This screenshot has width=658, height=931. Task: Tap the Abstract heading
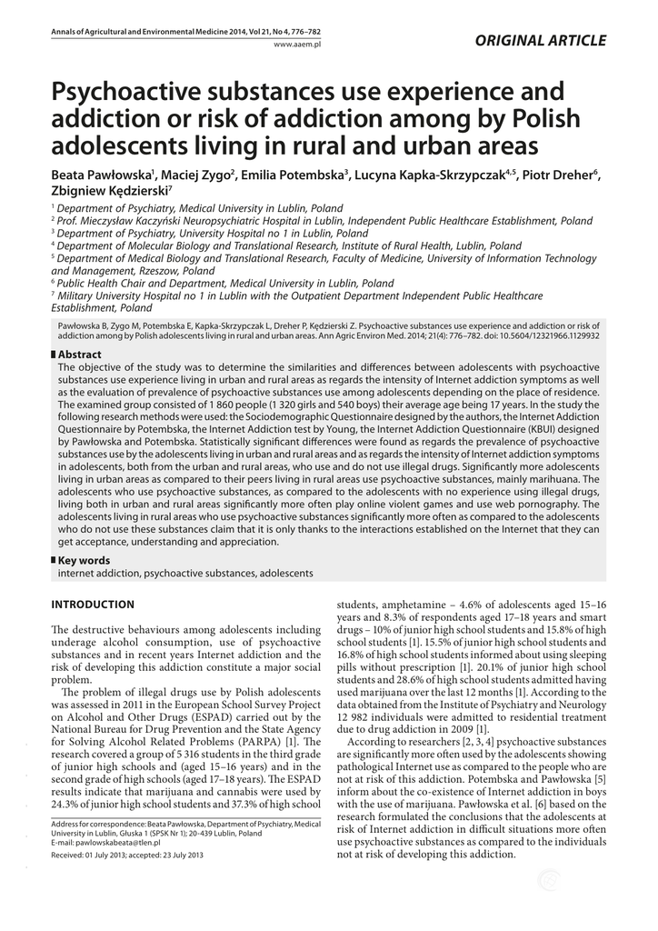(79, 354)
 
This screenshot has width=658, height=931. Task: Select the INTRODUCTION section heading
(93, 605)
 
